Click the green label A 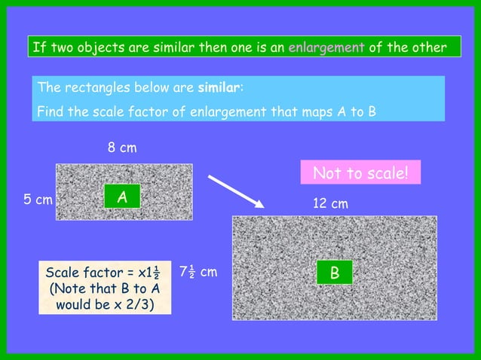click(x=121, y=197)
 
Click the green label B click(x=334, y=273)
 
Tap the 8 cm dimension click(x=122, y=148)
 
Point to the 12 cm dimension click(x=330, y=204)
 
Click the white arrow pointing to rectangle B click(x=234, y=191)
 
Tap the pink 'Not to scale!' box click(x=360, y=173)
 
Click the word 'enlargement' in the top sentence click(x=326, y=48)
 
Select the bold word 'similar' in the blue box click(x=219, y=89)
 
